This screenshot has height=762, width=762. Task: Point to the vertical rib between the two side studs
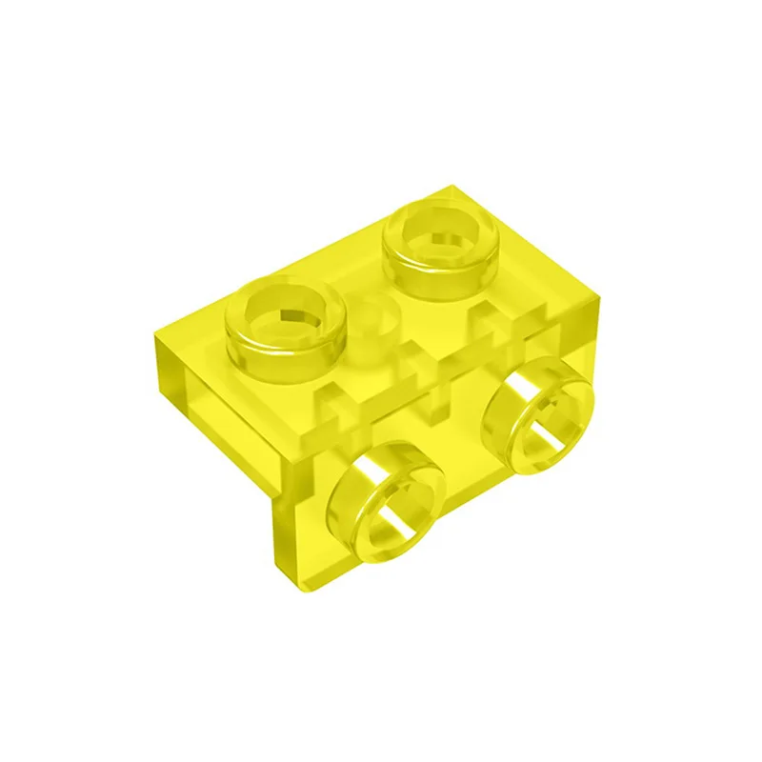tap(439, 400)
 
